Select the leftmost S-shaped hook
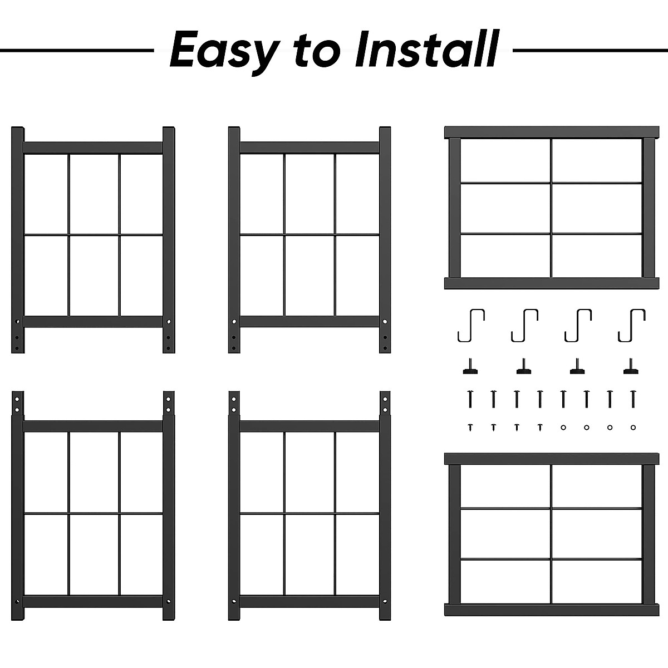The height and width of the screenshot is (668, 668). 471,325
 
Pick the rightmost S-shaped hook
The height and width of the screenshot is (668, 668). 631,325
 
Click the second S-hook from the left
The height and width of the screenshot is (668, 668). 524,325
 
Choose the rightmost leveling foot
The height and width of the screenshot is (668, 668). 631,367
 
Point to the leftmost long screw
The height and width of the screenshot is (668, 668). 470,398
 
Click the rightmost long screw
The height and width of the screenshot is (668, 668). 632,398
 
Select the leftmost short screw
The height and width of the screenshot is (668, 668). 470,427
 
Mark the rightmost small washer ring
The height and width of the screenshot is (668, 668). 632,427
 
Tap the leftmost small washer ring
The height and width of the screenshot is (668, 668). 563,427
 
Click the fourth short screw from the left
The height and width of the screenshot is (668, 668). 540,427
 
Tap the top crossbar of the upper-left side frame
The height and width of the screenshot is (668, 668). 93,148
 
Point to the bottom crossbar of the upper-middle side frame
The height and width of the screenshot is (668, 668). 310,321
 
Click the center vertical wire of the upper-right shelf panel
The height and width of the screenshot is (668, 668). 551,208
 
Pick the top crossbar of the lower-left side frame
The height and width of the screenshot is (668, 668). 93,426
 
